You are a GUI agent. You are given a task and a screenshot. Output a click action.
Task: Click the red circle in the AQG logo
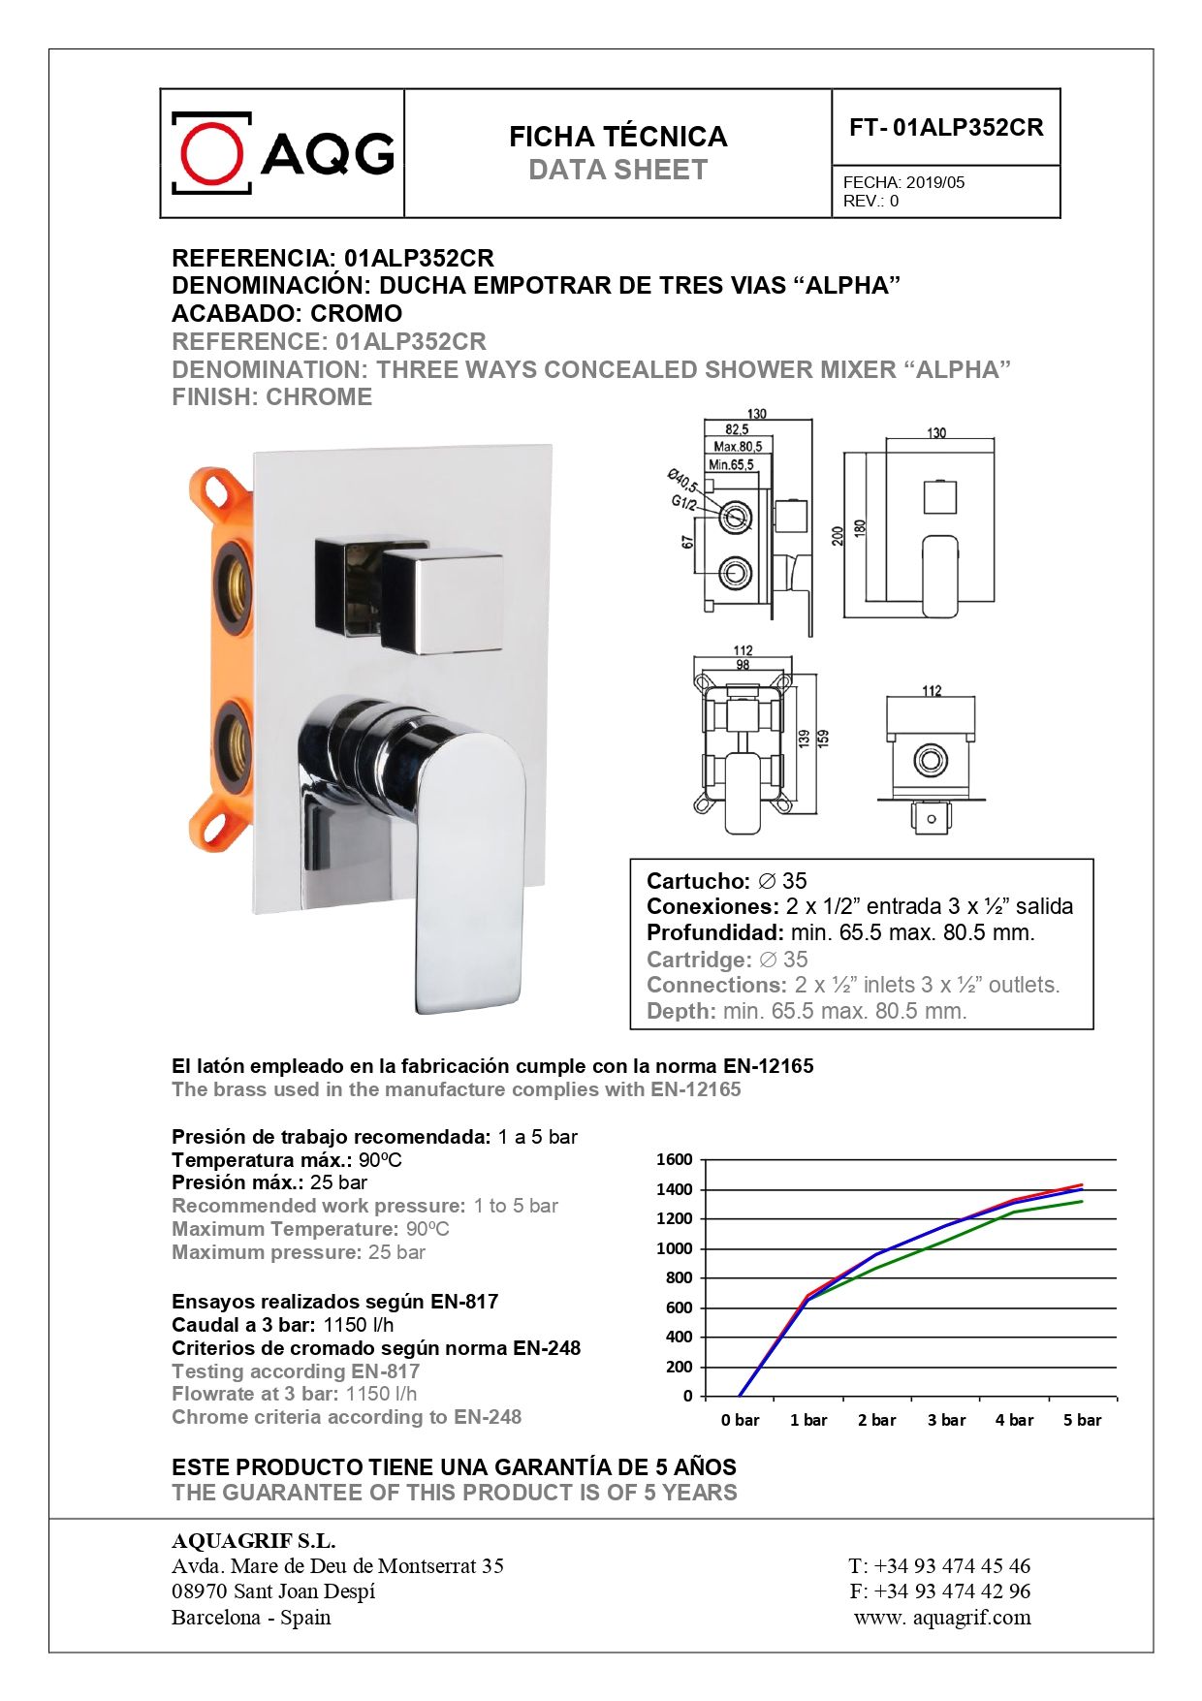(x=211, y=153)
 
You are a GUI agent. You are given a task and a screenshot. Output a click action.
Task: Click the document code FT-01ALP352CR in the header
(x=945, y=128)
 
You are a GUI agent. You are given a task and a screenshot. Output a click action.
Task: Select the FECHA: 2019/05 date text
(x=903, y=182)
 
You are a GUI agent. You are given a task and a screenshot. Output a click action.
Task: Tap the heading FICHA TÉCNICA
(x=617, y=137)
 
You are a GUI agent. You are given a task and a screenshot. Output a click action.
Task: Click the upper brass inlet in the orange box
(x=234, y=584)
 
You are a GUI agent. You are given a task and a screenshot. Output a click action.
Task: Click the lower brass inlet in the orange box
(x=234, y=744)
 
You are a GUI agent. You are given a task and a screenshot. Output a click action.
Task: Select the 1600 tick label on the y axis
(x=674, y=1159)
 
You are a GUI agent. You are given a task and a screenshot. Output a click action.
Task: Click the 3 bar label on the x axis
(x=946, y=1420)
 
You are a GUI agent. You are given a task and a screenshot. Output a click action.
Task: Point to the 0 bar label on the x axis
(x=740, y=1420)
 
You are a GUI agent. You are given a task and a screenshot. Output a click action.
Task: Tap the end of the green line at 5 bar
(x=1082, y=1202)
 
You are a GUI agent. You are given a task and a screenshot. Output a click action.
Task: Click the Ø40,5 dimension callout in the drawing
(x=682, y=481)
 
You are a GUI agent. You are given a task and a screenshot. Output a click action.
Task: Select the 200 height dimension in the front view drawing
(x=838, y=535)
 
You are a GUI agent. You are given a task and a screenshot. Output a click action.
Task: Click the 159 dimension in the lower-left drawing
(x=823, y=738)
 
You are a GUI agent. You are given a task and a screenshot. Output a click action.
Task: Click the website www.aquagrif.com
(x=942, y=1617)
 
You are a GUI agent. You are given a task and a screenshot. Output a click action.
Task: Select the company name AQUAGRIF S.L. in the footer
(x=253, y=1540)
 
